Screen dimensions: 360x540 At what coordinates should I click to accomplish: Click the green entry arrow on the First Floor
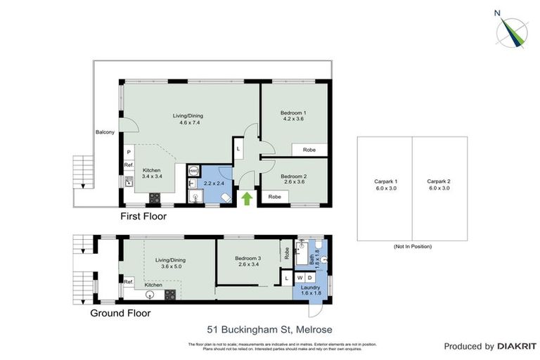point(246,199)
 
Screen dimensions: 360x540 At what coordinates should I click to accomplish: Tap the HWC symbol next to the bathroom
point(193,171)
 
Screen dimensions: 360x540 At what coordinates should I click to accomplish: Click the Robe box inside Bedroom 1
point(309,150)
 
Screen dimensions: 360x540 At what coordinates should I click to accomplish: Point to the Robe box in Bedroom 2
point(274,198)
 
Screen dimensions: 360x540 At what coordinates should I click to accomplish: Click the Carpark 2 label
point(438,185)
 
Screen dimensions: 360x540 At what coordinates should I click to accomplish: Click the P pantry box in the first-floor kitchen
point(129,152)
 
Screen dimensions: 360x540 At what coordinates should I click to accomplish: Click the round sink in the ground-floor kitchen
point(149,295)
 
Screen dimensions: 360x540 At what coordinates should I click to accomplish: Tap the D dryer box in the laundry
point(311,279)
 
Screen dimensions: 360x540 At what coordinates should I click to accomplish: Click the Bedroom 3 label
point(249,261)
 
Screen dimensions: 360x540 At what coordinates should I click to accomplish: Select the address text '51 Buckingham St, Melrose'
point(269,329)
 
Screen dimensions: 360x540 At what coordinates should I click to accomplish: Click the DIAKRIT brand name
point(517,347)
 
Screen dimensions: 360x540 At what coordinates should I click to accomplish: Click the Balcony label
point(105,132)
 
